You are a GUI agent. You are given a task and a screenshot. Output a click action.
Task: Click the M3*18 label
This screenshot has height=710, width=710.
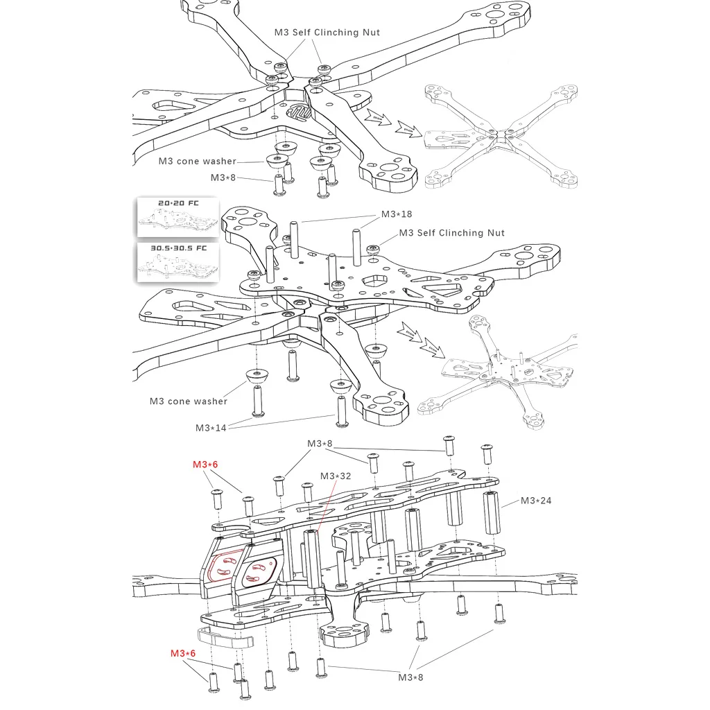pyautogui.click(x=397, y=214)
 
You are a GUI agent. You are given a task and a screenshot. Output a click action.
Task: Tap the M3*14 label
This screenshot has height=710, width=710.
pyautogui.click(x=211, y=428)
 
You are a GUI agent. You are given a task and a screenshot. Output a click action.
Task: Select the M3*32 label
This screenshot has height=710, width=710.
pyautogui.click(x=336, y=476)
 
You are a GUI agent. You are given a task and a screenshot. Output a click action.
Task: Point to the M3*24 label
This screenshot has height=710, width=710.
pyautogui.click(x=536, y=501)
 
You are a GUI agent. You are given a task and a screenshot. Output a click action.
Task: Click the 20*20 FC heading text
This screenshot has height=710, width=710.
pyautogui.click(x=178, y=203)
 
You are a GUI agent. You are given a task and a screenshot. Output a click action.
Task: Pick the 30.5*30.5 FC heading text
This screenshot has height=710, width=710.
pyautogui.click(x=179, y=248)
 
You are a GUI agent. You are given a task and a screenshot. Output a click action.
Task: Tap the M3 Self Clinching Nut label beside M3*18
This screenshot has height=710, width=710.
pyautogui.click(x=452, y=233)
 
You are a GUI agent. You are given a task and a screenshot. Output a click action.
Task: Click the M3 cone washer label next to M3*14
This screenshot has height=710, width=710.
pyautogui.click(x=189, y=401)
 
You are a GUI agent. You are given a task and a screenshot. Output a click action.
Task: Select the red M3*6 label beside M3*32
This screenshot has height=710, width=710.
pyautogui.click(x=205, y=465)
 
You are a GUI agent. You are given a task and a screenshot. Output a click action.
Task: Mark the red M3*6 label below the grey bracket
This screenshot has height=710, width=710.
pyautogui.click(x=183, y=653)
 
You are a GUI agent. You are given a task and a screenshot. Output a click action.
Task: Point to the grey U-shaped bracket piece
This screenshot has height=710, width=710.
pyautogui.click(x=225, y=637)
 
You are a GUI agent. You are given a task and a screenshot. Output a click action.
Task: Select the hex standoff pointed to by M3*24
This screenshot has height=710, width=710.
pyautogui.click(x=492, y=513)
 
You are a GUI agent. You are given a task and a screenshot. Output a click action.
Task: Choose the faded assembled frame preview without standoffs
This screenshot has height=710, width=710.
pyautogui.click(x=501, y=136)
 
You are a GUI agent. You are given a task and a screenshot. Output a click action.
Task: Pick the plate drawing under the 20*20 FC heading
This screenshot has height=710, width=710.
pyautogui.click(x=178, y=221)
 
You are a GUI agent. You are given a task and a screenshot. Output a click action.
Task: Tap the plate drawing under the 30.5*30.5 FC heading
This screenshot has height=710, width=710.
pyautogui.click(x=178, y=266)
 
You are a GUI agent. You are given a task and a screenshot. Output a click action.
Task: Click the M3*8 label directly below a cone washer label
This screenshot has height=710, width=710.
pyautogui.click(x=223, y=177)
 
